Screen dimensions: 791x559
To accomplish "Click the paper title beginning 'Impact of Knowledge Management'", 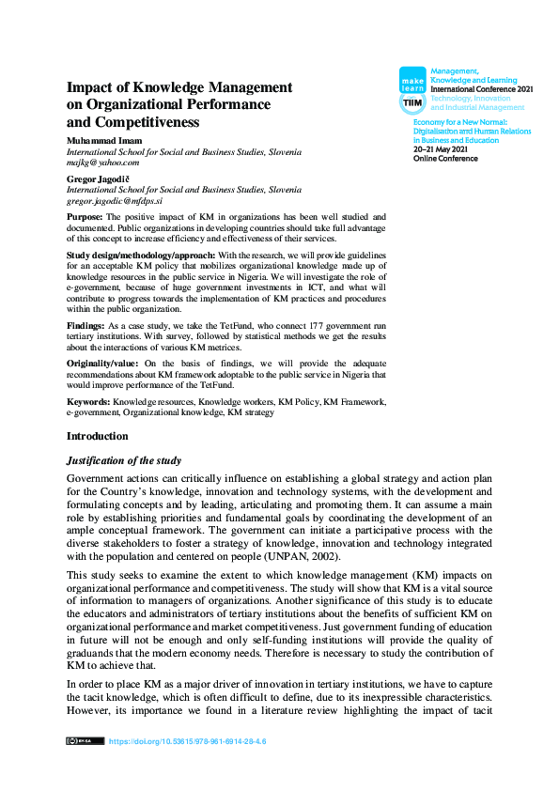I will click(x=179, y=104).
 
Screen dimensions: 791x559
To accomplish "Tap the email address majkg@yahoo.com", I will click(x=102, y=162).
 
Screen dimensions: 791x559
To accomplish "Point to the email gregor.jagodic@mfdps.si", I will click(x=116, y=200).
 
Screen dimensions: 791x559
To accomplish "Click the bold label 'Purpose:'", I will click(x=87, y=216).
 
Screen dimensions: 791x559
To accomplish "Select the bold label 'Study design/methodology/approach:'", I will click(x=141, y=256).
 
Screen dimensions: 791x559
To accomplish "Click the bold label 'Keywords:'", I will click(x=88, y=402).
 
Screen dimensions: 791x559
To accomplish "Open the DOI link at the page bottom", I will click(x=188, y=741).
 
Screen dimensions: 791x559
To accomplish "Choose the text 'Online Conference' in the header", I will click(x=445, y=159).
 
